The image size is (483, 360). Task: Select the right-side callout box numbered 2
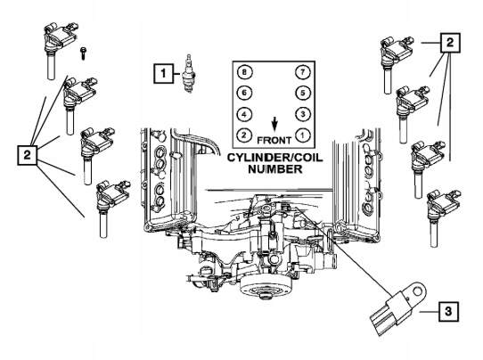click(x=452, y=42)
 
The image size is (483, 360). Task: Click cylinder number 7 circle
click(x=305, y=71)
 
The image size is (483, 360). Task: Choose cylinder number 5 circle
click(x=305, y=93)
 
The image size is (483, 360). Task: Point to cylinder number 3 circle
click(x=305, y=114)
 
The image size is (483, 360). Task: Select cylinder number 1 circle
click(x=305, y=135)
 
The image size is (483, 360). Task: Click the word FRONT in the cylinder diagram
click(x=274, y=140)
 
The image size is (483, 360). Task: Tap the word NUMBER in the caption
click(x=274, y=170)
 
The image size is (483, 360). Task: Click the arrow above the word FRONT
click(x=274, y=123)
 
